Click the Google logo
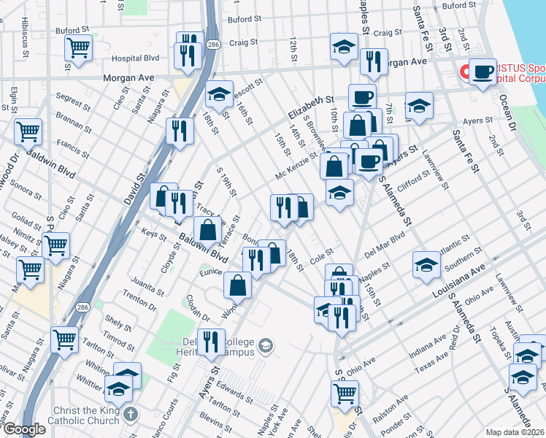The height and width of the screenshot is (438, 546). click(23, 429)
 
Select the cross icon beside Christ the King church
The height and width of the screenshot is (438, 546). click(131, 415)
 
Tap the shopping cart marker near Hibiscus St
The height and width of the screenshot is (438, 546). click(78, 48)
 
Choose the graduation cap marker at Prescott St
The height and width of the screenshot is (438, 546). click(218, 94)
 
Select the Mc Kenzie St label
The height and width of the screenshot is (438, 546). click(296, 166)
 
